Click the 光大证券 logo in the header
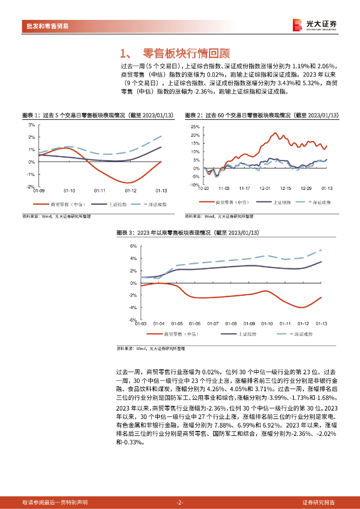[x=314, y=25]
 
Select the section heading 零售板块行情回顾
[x=186, y=53]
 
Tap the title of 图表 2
[x=262, y=115]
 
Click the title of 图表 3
[x=187, y=233]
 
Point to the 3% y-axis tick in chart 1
[x=31, y=125]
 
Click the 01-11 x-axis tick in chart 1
[x=100, y=190]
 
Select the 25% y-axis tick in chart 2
[x=195, y=127]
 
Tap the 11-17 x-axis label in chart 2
[x=244, y=188]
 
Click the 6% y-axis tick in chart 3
[x=133, y=246]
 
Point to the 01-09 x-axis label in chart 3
[x=249, y=324]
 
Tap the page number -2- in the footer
[x=180, y=503]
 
